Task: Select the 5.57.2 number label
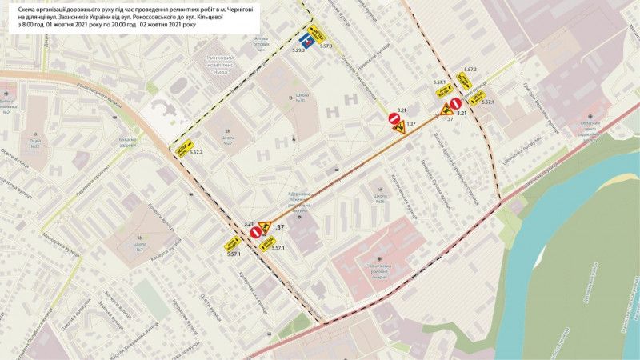(x=196, y=152)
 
